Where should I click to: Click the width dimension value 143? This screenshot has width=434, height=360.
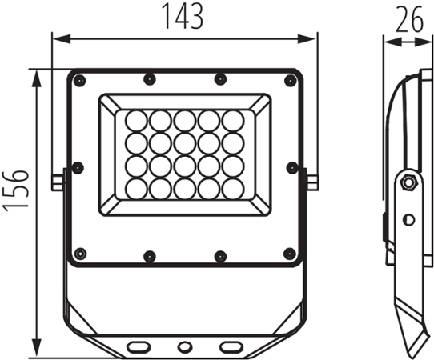pyautogui.click(x=183, y=16)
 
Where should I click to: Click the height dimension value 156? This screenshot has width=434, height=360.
pyautogui.click(x=15, y=189)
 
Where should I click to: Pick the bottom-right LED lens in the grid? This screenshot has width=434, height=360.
pyautogui.click(x=233, y=189)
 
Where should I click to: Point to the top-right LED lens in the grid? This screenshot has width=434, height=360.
pyautogui.click(x=233, y=121)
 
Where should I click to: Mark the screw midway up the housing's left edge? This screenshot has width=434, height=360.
pyautogui.click(x=77, y=167)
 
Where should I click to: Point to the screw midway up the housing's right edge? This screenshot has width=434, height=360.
pyautogui.click(x=291, y=167)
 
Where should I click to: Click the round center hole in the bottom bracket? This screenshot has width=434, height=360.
pyautogui.click(x=185, y=346)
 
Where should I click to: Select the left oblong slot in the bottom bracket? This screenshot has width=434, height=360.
pyautogui.click(x=139, y=346)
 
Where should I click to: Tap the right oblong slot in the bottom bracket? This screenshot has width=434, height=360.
pyautogui.click(x=231, y=346)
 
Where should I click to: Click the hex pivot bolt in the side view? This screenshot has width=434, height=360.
pyautogui.click(x=408, y=183)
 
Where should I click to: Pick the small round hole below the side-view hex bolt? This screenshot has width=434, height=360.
pyautogui.click(x=409, y=219)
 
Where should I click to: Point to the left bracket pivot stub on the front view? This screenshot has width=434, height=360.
pyautogui.click(x=57, y=182)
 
